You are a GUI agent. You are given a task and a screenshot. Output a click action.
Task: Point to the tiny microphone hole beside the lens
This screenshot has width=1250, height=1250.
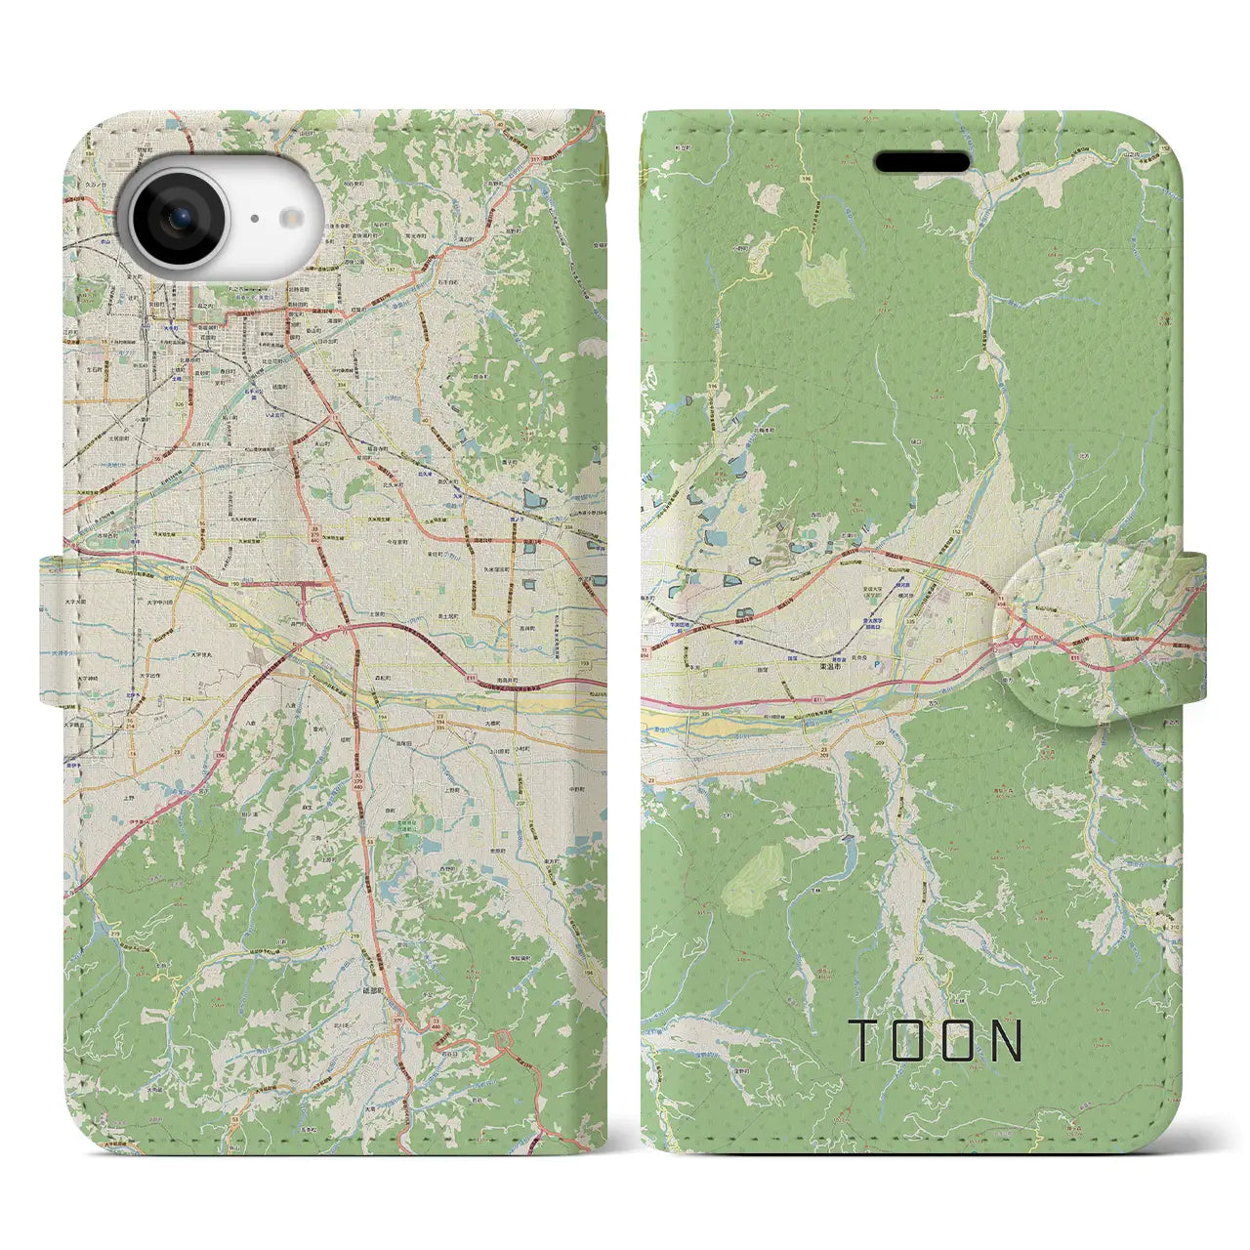(x=252, y=220)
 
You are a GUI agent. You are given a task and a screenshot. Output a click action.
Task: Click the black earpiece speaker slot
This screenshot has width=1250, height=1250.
(x=922, y=162)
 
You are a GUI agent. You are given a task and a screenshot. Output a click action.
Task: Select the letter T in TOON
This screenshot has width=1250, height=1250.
(x=862, y=1040)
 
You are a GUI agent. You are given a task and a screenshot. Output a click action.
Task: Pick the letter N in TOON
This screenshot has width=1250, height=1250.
(x=1006, y=1040)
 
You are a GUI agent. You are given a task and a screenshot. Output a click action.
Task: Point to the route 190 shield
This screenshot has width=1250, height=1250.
(x=208, y=585)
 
